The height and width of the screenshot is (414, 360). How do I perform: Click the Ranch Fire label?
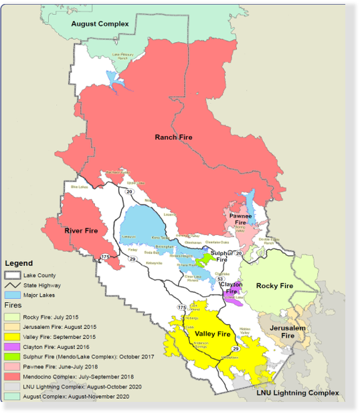click(x=173, y=137)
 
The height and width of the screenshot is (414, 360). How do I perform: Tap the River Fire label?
click(x=81, y=231)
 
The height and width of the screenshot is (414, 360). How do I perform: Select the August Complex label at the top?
click(x=100, y=24)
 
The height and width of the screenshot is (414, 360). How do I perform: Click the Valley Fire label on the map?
click(x=212, y=334)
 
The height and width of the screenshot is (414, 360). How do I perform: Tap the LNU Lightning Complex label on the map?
click(x=298, y=393)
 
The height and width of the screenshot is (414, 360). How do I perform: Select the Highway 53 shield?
click(x=220, y=279)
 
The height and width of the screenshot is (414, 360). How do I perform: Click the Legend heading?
click(x=19, y=263)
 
